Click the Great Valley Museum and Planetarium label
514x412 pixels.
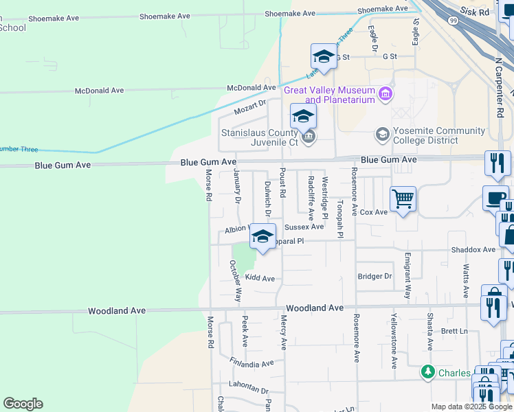coord(329,95)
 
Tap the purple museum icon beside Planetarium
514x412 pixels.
coord(385,93)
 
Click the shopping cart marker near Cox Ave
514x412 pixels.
coord(403,200)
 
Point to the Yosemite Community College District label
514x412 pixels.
coord(425,136)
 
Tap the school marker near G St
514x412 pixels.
coord(324,56)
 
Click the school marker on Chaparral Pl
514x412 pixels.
coord(262,237)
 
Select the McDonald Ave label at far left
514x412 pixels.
coord(99,91)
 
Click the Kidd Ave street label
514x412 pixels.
coord(260,278)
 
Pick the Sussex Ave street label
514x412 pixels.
coord(304,227)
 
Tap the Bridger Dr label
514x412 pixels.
coord(375,276)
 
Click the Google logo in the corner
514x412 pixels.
coord(23,404)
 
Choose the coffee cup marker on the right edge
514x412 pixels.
coord(495,197)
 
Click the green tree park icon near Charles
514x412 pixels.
coord(428,372)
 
